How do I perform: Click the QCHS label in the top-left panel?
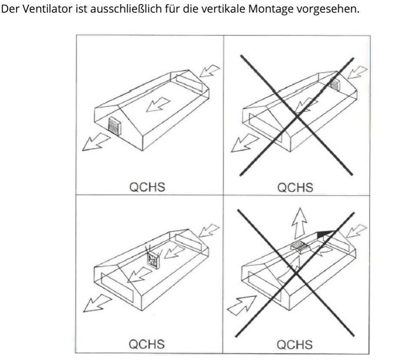click(147, 187)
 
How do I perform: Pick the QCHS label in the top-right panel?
click(295, 188)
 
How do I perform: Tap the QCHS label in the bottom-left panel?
click(147, 344)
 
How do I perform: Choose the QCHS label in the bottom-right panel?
click(294, 345)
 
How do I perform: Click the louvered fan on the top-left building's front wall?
click(115, 126)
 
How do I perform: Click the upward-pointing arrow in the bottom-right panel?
click(300, 223)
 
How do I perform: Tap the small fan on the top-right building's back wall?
click(335, 84)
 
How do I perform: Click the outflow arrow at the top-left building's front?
click(96, 142)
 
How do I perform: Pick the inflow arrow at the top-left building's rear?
click(210, 71)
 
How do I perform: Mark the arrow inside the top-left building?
click(158, 105)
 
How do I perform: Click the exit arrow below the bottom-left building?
click(97, 303)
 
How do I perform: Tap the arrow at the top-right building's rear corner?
click(357, 72)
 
